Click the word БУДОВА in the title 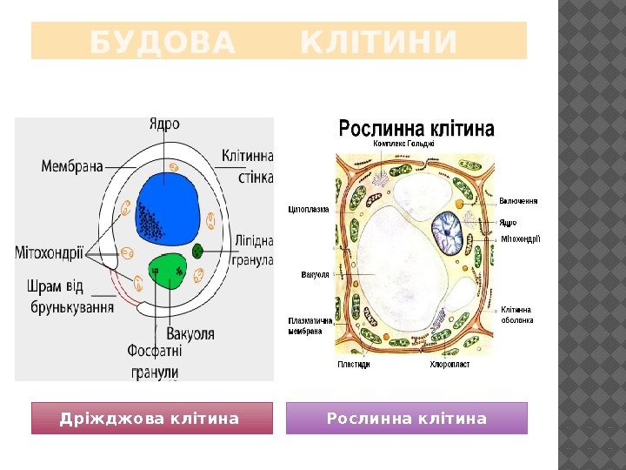coord(163,42)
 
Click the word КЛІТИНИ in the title coord(378,42)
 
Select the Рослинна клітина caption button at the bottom coord(407,419)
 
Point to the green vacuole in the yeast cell coord(170,273)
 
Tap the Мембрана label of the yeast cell coord(72,164)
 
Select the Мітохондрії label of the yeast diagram coord(50,253)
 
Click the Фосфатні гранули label coord(155,362)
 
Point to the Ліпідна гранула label coord(253,249)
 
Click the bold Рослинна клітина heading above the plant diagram coord(416,129)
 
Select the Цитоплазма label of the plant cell coord(309,209)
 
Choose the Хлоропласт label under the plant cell coord(450,365)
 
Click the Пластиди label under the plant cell coord(354,365)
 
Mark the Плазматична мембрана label coord(311,326)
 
